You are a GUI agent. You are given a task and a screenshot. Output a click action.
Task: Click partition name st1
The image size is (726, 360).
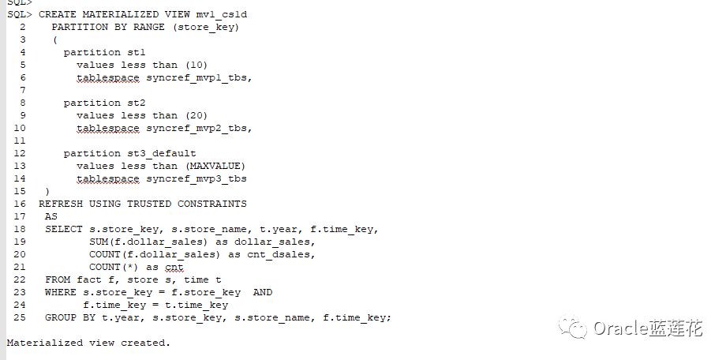pos(137,52)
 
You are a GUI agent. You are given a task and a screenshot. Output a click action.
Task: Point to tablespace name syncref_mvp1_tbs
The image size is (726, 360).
pos(200,77)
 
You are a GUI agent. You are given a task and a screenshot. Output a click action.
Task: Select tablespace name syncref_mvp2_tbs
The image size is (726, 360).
pos(200,128)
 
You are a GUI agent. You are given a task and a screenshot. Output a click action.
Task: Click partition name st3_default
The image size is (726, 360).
pos(162,153)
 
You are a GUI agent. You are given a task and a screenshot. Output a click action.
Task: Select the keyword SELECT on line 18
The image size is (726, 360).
pos(64,229)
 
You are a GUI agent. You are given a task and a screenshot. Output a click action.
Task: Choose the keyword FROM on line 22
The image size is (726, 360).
pos(58,279)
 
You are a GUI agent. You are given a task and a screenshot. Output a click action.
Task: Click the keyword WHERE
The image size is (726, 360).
pos(61,292)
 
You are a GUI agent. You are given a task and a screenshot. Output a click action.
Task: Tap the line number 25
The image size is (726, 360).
pos(20,317)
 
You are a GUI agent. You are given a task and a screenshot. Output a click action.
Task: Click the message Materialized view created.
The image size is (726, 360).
pos(88,343)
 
